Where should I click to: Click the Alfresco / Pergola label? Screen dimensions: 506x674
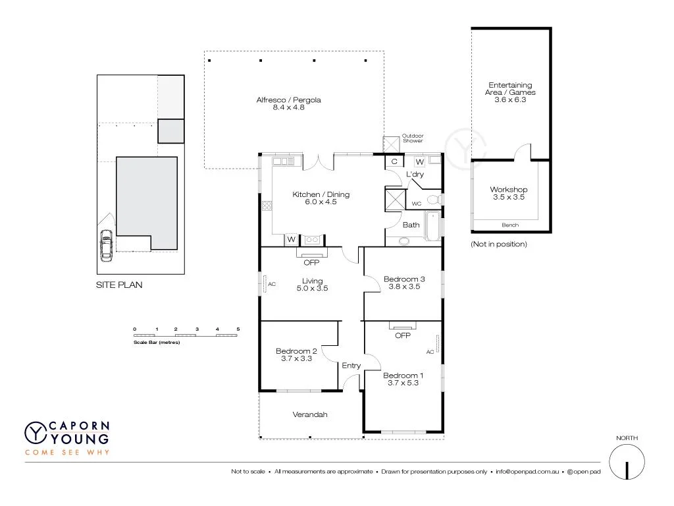tap(288, 100)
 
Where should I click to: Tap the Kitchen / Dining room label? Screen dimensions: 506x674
tap(321, 194)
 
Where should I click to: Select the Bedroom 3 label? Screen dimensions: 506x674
tap(404, 279)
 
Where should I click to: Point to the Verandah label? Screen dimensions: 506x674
tap(310, 414)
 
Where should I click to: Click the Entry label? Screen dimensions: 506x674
tap(351, 366)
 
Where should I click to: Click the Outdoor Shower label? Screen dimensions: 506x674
tap(413, 138)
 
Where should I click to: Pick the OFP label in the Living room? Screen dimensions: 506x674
tap(311, 263)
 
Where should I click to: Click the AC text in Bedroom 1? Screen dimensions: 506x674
tap(430, 352)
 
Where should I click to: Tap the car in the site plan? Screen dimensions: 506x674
tap(105, 246)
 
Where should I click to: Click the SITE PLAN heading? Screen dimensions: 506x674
tap(119, 285)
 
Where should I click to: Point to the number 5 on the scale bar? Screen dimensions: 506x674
tap(238, 328)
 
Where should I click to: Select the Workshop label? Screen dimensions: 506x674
tap(508, 190)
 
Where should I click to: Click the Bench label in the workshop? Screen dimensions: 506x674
tap(510, 225)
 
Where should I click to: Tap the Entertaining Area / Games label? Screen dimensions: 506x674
tap(510, 88)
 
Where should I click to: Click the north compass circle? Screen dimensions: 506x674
tap(626, 462)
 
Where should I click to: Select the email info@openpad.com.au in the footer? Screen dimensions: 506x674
tap(527, 472)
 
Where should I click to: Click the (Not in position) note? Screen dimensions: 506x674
tap(499, 244)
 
